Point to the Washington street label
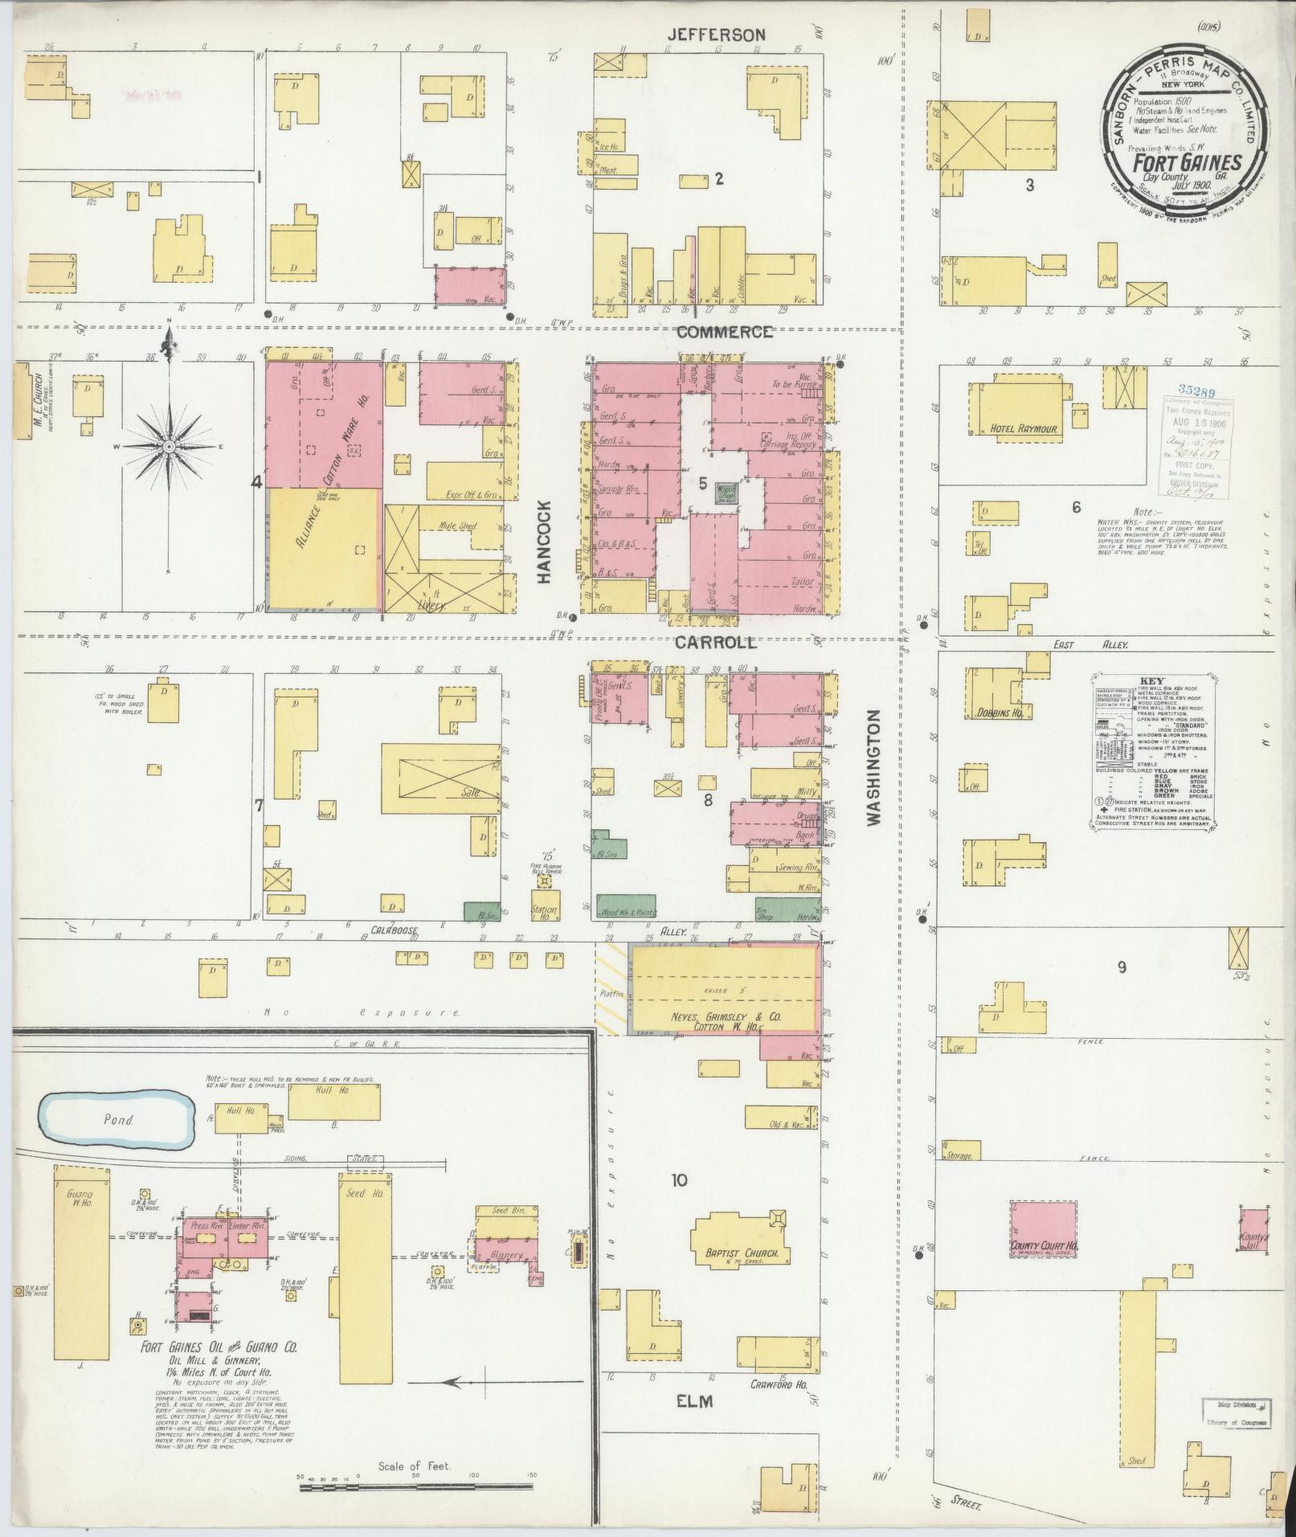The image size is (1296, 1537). [x=875, y=766]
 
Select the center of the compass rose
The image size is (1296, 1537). [x=170, y=446]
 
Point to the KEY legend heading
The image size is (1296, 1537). [x=1151, y=678]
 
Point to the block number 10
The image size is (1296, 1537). [x=679, y=1179]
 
